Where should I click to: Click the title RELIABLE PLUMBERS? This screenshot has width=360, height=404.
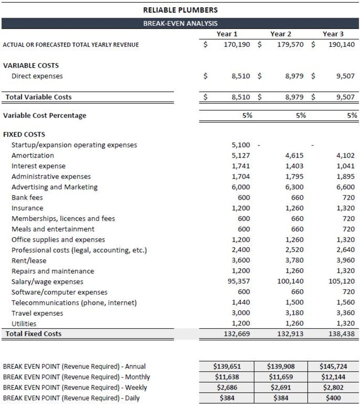[x=180, y=10]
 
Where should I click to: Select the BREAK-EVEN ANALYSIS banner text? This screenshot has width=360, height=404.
[x=180, y=23]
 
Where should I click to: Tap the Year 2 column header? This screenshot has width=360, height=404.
[x=281, y=34]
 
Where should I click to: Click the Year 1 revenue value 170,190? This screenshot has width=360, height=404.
[x=237, y=44]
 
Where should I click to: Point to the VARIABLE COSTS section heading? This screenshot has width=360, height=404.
[x=31, y=65]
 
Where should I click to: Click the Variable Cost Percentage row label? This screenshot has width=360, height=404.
[x=44, y=115]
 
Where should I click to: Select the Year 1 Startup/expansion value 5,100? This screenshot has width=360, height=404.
[x=241, y=145]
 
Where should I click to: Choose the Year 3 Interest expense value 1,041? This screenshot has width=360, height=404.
[x=345, y=166]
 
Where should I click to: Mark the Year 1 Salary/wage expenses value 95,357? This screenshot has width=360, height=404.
[x=238, y=281]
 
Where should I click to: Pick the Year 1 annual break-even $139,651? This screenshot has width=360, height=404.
[x=226, y=366]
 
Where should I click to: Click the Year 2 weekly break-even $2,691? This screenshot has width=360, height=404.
[x=281, y=388]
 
